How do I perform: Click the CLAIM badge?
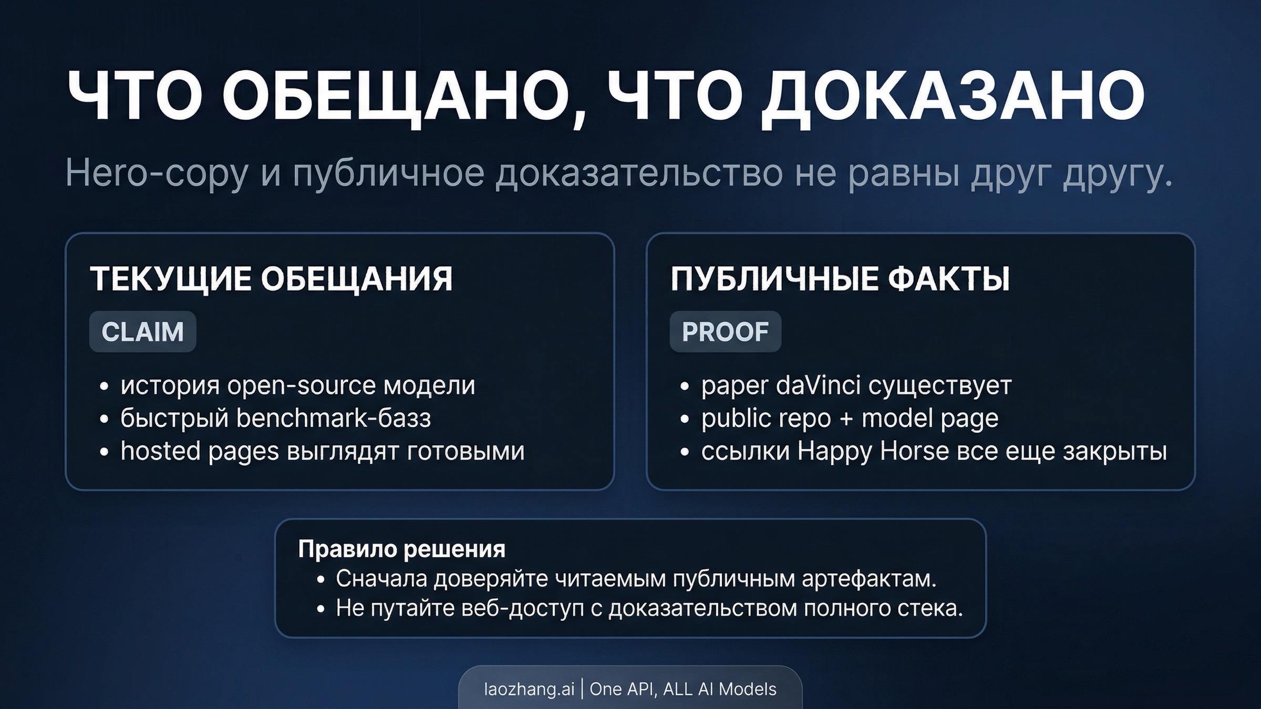tap(142, 332)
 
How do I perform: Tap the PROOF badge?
tap(725, 332)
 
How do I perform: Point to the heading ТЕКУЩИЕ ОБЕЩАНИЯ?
tap(271, 278)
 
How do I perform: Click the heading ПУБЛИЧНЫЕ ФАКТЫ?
tap(840, 278)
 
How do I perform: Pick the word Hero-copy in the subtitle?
tap(157, 174)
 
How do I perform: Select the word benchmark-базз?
tap(334, 419)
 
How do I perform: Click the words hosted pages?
tap(200, 452)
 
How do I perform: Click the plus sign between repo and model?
tap(846, 419)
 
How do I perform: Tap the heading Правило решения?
tap(401, 549)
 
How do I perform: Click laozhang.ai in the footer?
tap(529, 689)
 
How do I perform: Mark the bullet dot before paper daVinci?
tap(684, 387)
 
